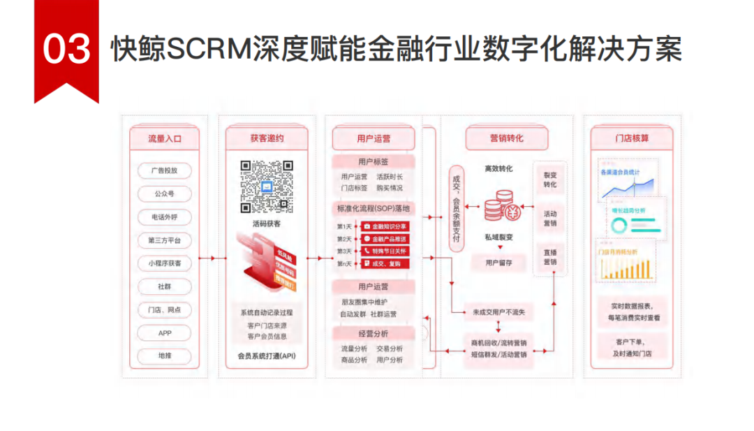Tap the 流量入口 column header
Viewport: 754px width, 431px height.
coord(165,138)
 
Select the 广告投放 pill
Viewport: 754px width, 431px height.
coord(165,170)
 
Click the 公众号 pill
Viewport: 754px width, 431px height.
coord(165,193)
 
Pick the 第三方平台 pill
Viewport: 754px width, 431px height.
coord(165,240)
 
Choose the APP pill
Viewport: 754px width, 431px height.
coord(165,333)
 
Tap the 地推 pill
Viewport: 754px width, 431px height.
coord(165,356)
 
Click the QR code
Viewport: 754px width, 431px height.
coord(267,187)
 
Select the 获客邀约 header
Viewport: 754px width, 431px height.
coord(267,138)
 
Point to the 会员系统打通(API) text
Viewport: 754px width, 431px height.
coord(267,356)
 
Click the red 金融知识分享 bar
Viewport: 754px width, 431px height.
coord(385,226)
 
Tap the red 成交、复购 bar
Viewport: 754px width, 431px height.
coord(385,263)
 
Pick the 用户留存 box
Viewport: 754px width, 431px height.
coord(498,263)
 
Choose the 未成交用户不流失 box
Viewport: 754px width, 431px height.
coord(498,312)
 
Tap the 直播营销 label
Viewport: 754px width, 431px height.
coord(550,256)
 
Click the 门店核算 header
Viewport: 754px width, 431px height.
coord(632,138)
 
